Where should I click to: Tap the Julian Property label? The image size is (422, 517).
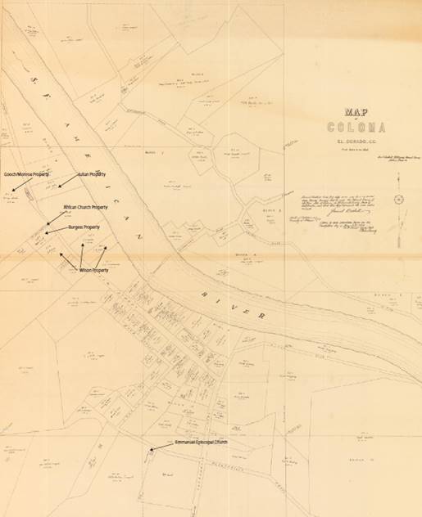coord(94,174)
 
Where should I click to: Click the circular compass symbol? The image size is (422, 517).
coord(398,200)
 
